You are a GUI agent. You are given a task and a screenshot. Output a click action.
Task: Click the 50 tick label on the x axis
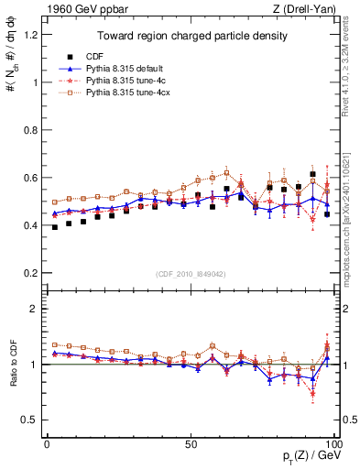[190, 442]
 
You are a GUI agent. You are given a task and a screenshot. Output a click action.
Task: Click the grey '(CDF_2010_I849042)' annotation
[188, 272]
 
